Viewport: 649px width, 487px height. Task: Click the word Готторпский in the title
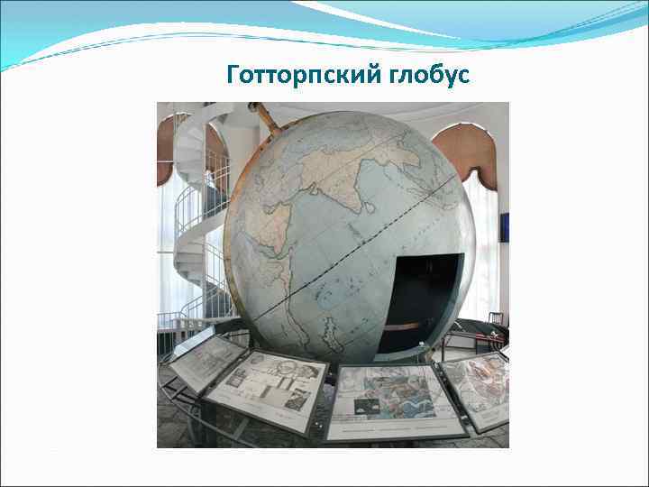(x=291, y=75)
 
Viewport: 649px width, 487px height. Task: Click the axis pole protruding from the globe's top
(x=264, y=115)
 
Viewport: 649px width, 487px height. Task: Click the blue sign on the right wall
(x=504, y=227)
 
